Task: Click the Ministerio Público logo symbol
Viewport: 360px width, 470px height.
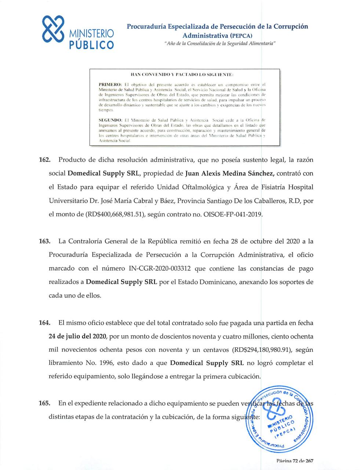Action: coord(53,28)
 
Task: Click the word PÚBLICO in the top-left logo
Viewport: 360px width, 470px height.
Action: coord(91,45)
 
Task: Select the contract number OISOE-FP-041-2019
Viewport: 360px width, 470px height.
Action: coord(233,214)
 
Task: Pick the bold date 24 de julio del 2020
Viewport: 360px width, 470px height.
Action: coord(77,336)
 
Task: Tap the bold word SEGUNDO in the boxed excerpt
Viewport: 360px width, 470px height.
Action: coord(112,120)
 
